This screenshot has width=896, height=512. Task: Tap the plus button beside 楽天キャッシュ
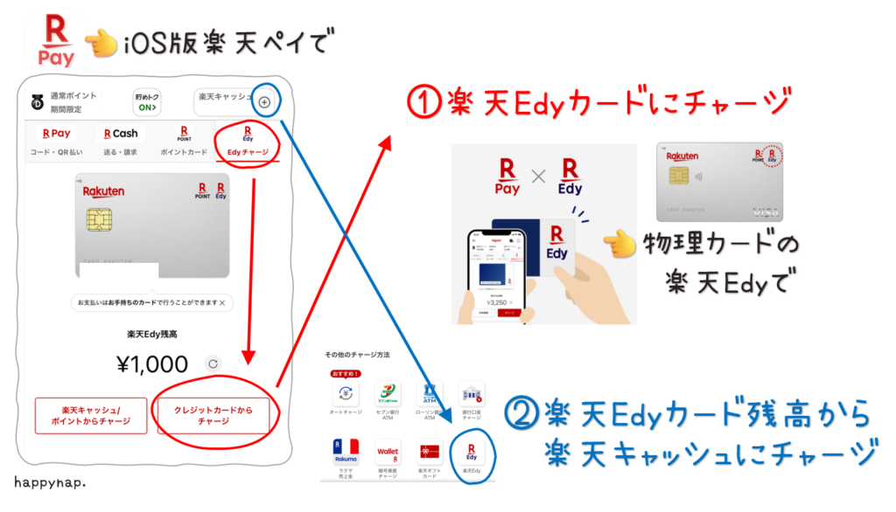pyautogui.click(x=264, y=102)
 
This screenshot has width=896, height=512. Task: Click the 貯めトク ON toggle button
pyautogui.click(x=147, y=102)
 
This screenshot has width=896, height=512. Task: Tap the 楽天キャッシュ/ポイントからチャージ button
pyautogui.click(x=91, y=415)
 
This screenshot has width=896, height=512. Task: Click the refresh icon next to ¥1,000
pyautogui.click(x=213, y=363)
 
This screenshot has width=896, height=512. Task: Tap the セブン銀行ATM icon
pyautogui.click(x=387, y=396)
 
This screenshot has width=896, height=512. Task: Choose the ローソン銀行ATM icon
pyautogui.click(x=430, y=396)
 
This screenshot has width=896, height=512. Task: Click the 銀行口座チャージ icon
pyautogui.click(x=472, y=396)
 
